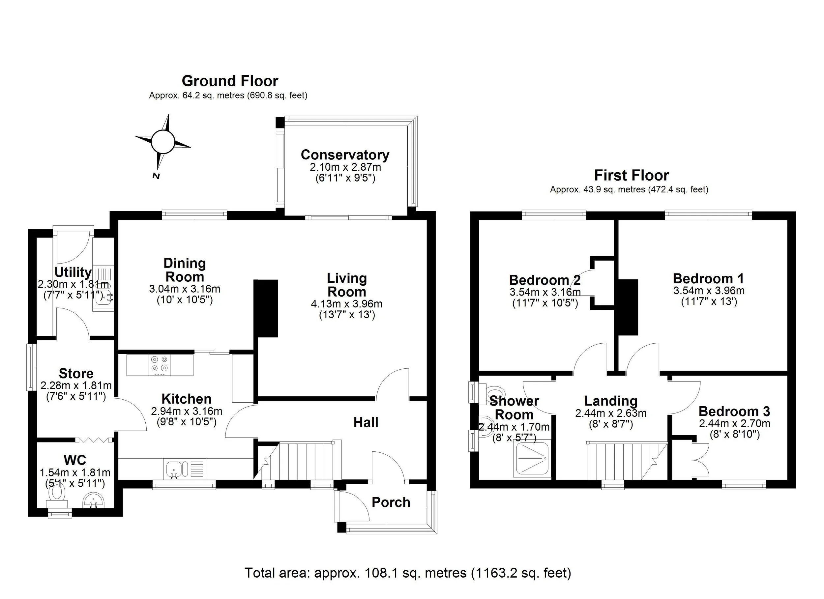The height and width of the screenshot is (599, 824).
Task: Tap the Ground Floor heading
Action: point(230,81)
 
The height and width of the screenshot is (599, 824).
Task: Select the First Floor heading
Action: point(632,176)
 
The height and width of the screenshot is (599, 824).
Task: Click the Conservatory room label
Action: point(345,155)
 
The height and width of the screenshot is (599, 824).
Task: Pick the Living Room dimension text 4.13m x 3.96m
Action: point(347,304)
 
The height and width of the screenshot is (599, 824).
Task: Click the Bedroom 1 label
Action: point(708,279)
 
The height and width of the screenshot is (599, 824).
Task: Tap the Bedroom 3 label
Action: point(734,411)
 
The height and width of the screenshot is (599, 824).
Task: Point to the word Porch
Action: point(391,502)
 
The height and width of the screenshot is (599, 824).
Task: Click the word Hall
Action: point(366,422)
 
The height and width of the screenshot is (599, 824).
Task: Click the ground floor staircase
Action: point(302,460)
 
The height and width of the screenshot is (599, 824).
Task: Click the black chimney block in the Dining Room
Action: point(266,308)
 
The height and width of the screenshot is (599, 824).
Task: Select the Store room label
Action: point(76,373)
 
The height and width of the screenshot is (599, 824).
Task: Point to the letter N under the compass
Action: point(156,176)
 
